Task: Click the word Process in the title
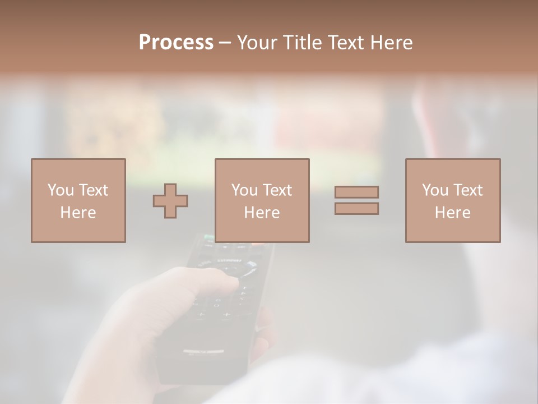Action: pos(176,43)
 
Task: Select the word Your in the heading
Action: pos(258,43)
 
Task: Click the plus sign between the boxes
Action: pos(170,201)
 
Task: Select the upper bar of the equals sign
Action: pos(356,192)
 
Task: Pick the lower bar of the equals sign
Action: pos(356,208)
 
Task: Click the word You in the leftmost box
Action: pos(61,190)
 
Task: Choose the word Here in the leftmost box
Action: pos(78,213)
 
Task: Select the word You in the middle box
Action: pos(244,190)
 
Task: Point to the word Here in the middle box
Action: pos(262,213)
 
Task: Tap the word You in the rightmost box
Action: pos(435,190)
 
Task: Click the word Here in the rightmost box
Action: pos(452,213)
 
